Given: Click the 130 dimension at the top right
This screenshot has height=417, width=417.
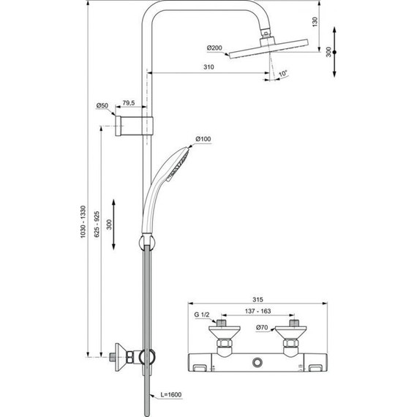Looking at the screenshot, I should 315,23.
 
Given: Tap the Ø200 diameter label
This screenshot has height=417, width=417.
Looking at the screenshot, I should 215,48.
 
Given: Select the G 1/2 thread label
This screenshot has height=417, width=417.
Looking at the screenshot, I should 203,315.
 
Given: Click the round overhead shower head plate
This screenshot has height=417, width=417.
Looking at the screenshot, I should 261,52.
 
